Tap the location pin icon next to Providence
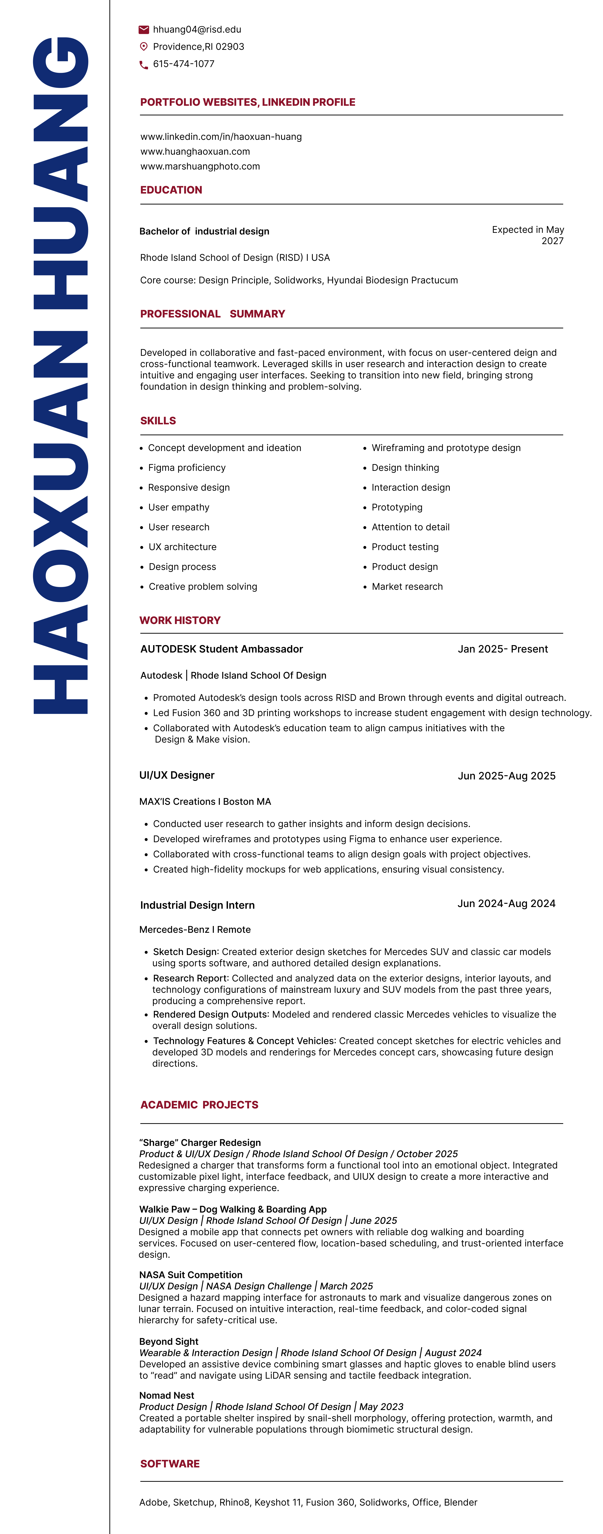[143, 46]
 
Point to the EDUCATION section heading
[171, 190]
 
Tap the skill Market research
[407, 587]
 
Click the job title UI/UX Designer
[177, 775]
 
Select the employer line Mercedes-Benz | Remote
[195, 930]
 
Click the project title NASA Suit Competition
[191, 1275]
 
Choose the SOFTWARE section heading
[170, 1464]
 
